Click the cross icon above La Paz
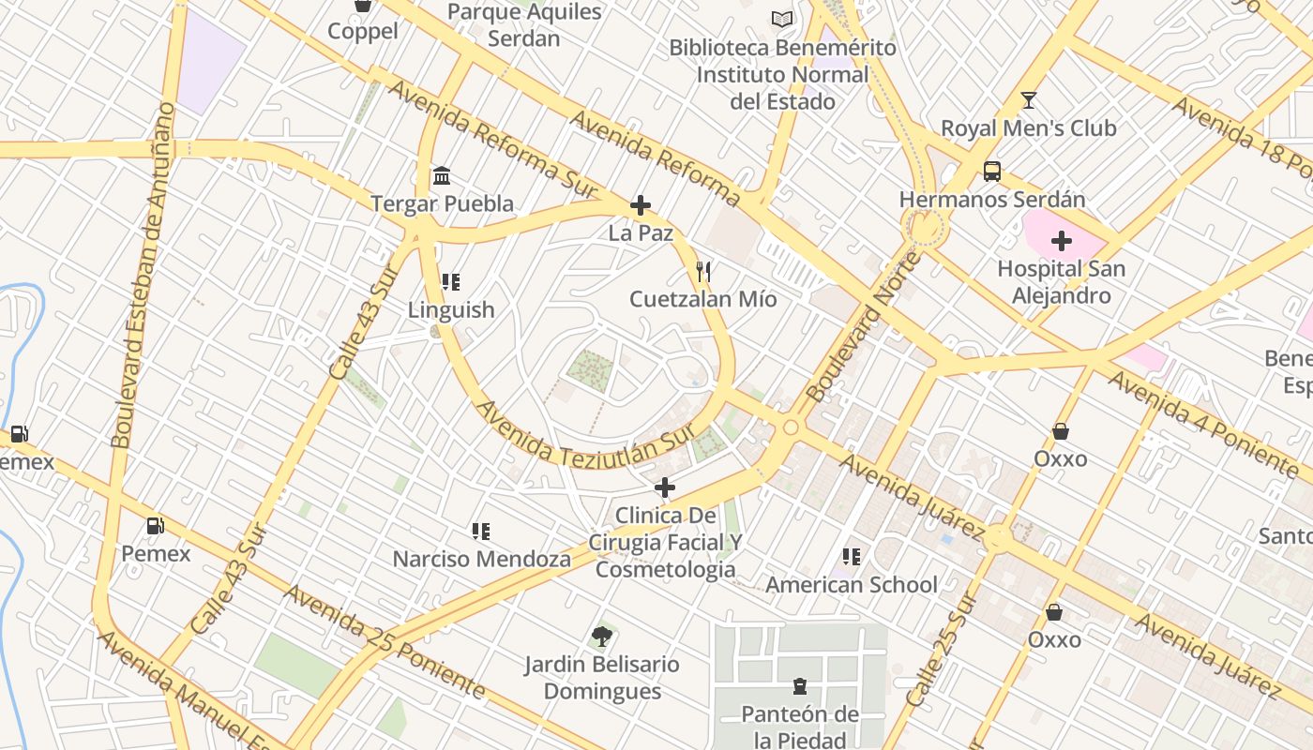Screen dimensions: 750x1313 point(641,205)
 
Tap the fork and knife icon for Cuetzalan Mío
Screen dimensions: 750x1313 point(703,272)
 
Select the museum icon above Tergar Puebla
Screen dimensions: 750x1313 point(442,176)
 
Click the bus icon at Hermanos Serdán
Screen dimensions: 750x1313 point(991,172)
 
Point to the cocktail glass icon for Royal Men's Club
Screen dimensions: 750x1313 point(1028,100)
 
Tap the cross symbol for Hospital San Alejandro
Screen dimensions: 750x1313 point(1061,242)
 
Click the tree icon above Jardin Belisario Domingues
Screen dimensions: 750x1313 point(601,637)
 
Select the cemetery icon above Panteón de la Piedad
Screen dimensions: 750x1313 point(799,687)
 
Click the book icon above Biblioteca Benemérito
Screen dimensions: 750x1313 point(782,19)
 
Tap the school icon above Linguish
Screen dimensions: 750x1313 point(451,282)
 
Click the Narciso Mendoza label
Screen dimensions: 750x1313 point(481,560)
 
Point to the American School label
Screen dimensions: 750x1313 point(851,585)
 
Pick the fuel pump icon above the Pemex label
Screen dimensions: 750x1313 point(156,526)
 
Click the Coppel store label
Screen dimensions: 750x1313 point(362,31)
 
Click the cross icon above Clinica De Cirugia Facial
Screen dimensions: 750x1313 point(664,487)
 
